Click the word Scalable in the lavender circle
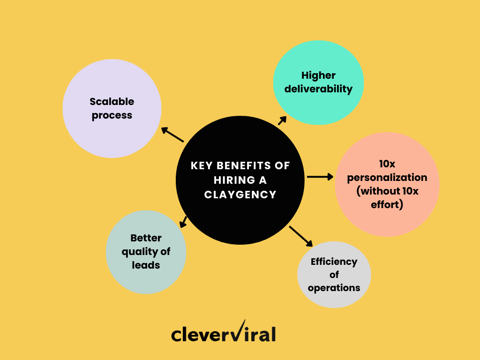[x=112, y=102]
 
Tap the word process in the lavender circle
[x=112, y=116]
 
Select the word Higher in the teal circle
[x=319, y=75]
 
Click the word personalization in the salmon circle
[x=387, y=178]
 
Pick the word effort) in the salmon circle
[x=387, y=204]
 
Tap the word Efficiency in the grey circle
[x=334, y=262]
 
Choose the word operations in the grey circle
[x=334, y=287]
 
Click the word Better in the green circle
[x=146, y=238]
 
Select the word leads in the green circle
[x=146, y=265]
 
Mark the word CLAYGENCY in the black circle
[x=240, y=194]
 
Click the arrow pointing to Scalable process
[x=172, y=135]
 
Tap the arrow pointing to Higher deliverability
[x=282, y=120]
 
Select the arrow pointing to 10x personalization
[x=320, y=177]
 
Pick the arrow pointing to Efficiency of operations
[x=301, y=236]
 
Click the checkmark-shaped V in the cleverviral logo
[x=237, y=331]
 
